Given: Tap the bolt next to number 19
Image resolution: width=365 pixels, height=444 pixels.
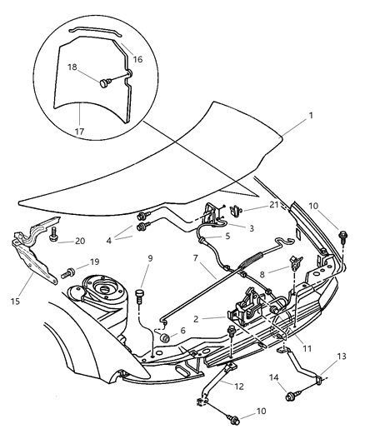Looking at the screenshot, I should [69, 272].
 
